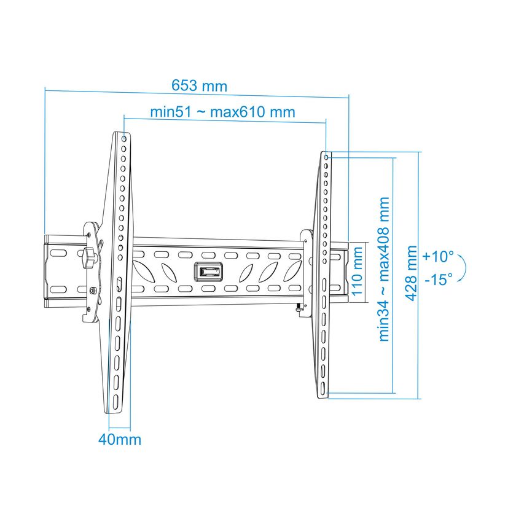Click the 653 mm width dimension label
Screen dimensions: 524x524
pyautogui.click(x=199, y=85)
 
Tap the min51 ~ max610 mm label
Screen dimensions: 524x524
pyautogui.click(x=222, y=112)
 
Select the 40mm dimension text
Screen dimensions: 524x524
pyautogui.click(x=120, y=439)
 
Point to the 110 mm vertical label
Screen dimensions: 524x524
pyautogui.click(x=358, y=271)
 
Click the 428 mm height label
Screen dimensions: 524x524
pyautogui.click(x=411, y=273)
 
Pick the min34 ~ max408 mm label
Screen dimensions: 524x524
pyautogui.click(x=384, y=269)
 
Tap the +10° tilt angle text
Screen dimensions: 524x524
pyautogui.click(x=438, y=256)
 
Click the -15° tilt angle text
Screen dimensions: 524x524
pyautogui.click(x=439, y=279)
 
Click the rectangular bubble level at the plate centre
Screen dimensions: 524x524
pyautogui.click(x=208, y=270)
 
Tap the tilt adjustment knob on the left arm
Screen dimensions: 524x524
pyautogui.click(x=88, y=257)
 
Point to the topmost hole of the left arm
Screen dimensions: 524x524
pyautogui.click(x=124, y=139)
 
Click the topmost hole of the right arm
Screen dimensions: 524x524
pyautogui.click(x=326, y=157)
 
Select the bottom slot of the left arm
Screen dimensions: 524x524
pyautogui.click(x=115, y=402)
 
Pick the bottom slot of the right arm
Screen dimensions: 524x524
pyautogui.click(x=323, y=388)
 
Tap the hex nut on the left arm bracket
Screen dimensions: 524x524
pyautogui.click(x=93, y=291)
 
